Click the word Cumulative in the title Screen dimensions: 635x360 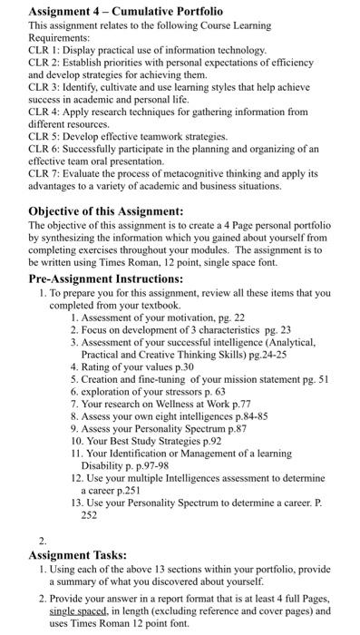[x=137, y=11]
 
